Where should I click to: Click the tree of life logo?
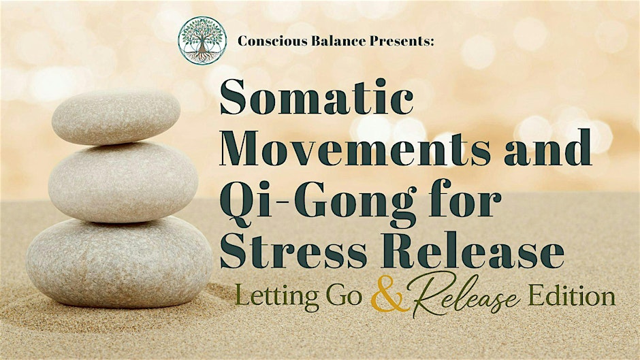[202, 40]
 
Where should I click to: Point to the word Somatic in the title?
[317, 97]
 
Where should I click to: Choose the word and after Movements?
[547, 147]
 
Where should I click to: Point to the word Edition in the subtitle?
[571, 296]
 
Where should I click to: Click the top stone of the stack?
[116, 117]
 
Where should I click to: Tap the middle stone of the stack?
[123, 182]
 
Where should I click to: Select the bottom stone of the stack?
[119, 262]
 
